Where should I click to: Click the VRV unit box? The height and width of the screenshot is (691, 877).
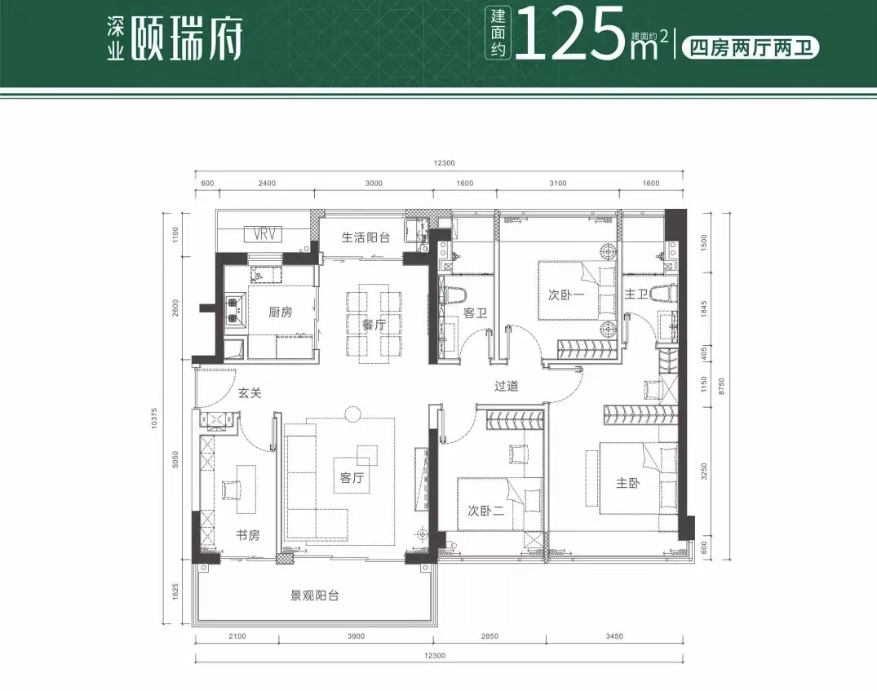pos(263,234)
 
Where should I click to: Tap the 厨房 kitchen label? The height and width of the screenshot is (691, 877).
pos(280,312)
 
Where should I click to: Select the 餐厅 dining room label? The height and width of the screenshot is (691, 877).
pos(374,325)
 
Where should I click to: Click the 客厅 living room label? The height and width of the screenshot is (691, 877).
pos(352,477)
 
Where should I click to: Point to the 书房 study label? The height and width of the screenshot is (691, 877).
pos(247,535)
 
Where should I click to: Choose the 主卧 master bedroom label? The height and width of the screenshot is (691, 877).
pos(627,482)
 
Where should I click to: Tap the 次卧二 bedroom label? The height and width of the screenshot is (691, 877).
pos(486,510)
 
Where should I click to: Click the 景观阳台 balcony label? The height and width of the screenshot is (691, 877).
pos(314,596)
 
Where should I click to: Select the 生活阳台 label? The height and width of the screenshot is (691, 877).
pos(365,237)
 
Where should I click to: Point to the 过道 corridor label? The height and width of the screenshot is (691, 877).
pos(506,386)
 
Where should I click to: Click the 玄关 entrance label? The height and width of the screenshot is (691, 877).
pos(250,392)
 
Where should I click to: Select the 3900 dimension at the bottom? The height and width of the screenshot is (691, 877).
pos(356,636)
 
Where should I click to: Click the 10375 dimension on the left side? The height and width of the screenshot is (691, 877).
pos(154,419)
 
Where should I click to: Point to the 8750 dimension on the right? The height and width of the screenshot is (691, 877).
pos(721,386)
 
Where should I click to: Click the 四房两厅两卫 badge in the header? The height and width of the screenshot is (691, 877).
pos(751,48)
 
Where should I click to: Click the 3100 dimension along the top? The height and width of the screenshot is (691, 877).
pos(558,183)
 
